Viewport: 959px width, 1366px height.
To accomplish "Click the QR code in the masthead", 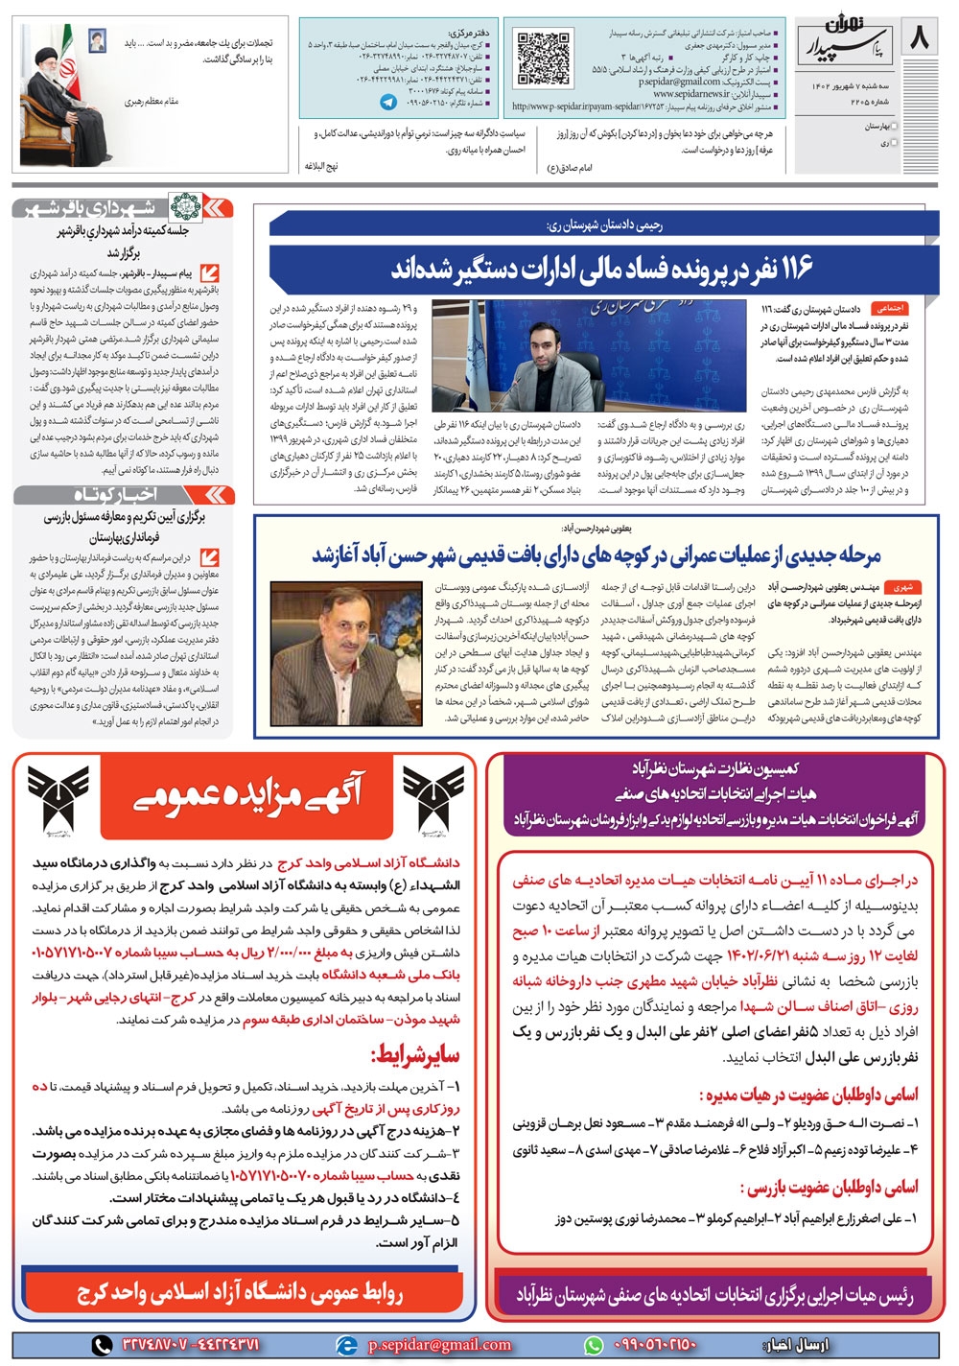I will point(543,59).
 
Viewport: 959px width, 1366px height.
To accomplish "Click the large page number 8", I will point(918,40).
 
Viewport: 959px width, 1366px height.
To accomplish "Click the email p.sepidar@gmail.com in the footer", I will point(439,1344).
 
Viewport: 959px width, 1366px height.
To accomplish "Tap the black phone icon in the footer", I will point(103,1344).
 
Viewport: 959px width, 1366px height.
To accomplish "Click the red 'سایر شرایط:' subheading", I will point(414,1056).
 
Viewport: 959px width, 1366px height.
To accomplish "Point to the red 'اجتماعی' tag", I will point(886,310).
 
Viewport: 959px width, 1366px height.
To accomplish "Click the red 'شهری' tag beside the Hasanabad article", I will point(901,586).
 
